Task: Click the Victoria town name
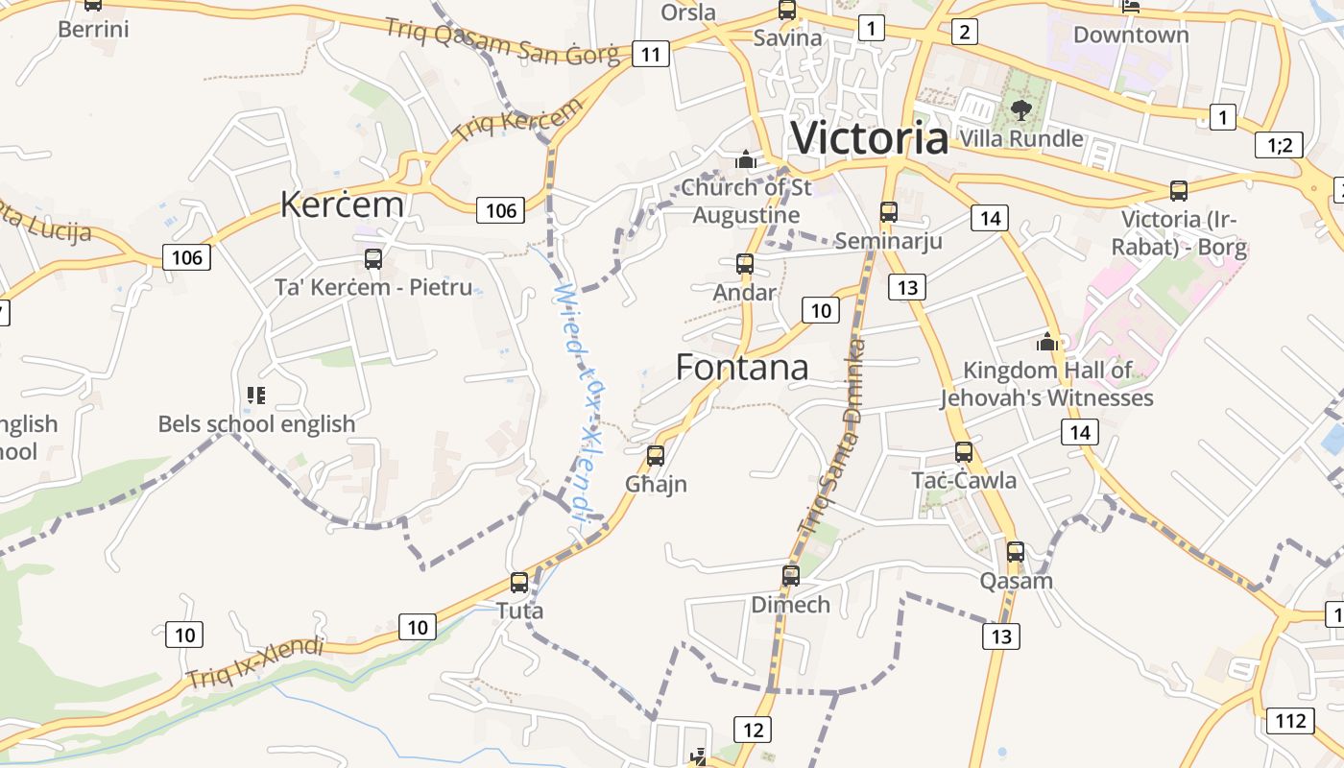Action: pos(869,137)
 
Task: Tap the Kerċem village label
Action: pos(342,204)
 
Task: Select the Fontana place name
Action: pos(742,367)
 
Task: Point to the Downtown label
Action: pos(1131,35)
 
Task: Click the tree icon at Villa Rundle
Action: pos(1021,109)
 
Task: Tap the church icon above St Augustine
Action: pos(746,159)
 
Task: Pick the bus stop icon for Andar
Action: pos(745,263)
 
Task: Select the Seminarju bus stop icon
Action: pos(889,211)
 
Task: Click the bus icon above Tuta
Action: pos(519,582)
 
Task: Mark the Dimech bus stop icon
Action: pos(791,575)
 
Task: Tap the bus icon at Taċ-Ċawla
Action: pos(964,451)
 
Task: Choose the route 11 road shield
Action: pos(650,54)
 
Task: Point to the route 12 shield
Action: pos(753,730)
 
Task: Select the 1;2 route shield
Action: pos(1280,145)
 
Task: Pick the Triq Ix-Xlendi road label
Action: pos(255,662)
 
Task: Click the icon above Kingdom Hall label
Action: pos(1047,342)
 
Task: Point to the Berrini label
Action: pos(93,29)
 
